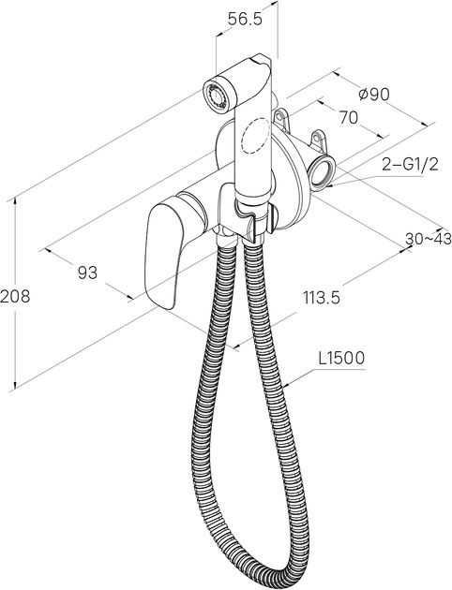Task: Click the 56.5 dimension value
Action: [x=245, y=20]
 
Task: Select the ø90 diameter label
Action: [x=373, y=95]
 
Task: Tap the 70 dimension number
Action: [x=349, y=118]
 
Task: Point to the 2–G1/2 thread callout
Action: [x=410, y=165]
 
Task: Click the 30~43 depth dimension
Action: [x=429, y=238]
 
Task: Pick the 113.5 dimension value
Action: [x=322, y=298]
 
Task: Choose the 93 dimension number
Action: [x=87, y=273]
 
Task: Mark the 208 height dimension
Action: [x=15, y=297]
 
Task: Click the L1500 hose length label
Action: [x=341, y=358]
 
